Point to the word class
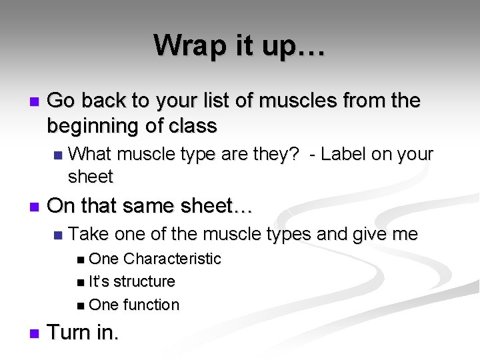pos(193,125)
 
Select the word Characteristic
pos(172,259)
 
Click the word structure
pos(143,281)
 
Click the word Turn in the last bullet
pos(70,333)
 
